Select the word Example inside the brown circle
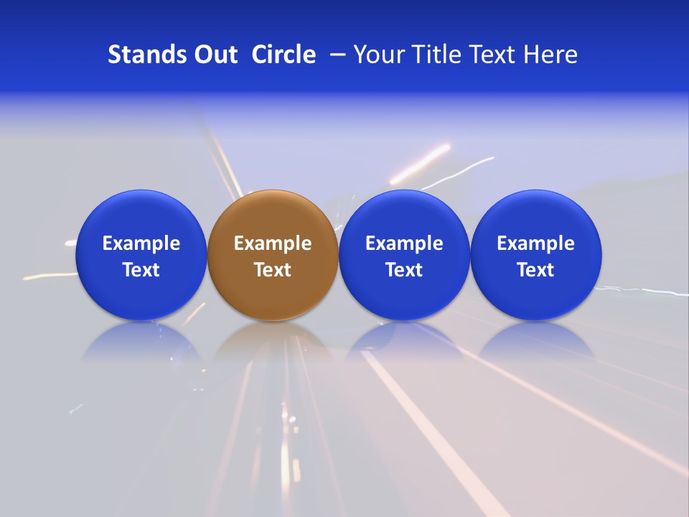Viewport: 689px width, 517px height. (273, 243)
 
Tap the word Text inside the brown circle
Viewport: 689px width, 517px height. (273, 270)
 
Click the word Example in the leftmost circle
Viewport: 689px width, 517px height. (141, 243)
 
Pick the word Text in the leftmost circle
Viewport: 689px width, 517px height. (141, 270)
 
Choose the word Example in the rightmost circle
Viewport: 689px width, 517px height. (536, 243)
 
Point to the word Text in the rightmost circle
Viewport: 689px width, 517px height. (536, 270)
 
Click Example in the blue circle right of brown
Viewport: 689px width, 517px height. (404, 243)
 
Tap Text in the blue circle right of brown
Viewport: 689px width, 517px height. (404, 270)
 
